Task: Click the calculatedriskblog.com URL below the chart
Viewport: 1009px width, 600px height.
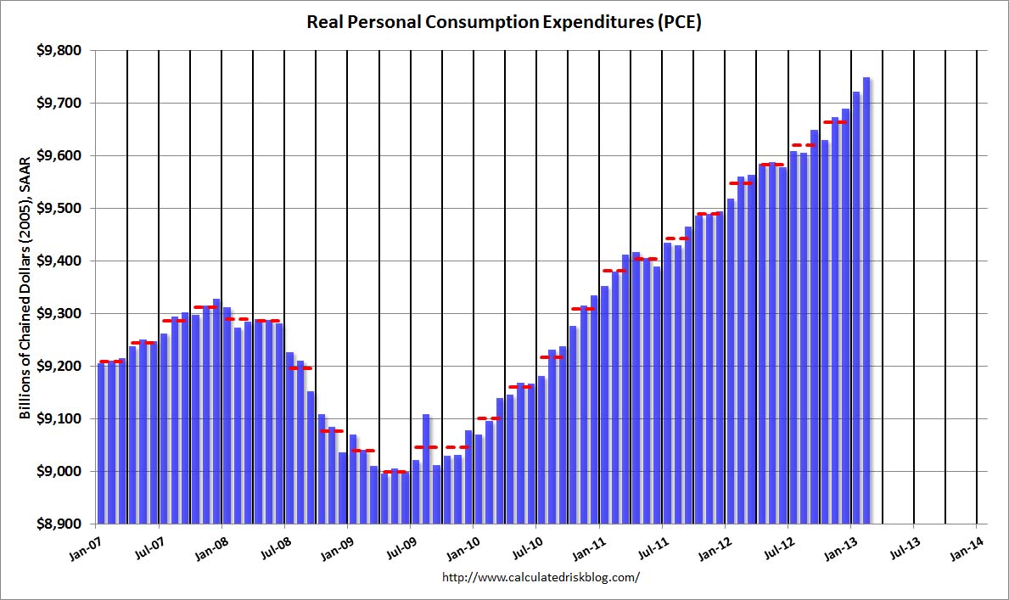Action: point(541,577)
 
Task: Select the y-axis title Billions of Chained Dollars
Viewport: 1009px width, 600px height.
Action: point(25,288)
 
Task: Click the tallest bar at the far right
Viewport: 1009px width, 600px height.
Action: point(866,300)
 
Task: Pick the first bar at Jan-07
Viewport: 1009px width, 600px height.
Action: point(101,444)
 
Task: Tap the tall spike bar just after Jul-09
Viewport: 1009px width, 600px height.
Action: point(426,469)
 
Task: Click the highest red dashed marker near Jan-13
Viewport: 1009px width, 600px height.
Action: point(835,121)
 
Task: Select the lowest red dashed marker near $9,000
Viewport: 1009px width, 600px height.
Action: point(395,472)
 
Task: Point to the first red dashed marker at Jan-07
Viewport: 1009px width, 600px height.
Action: point(110,362)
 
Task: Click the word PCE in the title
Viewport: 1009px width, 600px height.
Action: point(679,22)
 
